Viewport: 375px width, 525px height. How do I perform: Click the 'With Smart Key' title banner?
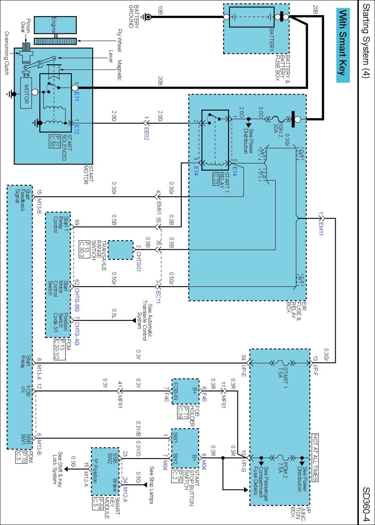click(343, 45)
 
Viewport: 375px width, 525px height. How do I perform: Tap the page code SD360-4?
click(366, 504)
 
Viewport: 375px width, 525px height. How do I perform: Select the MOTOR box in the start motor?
click(26, 93)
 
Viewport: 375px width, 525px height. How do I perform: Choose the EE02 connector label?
click(146, 134)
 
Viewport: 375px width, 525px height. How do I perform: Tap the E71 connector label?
click(76, 96)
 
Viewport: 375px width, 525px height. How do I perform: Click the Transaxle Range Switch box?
click(121, 250)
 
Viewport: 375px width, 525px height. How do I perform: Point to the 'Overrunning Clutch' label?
click(7, 53)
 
